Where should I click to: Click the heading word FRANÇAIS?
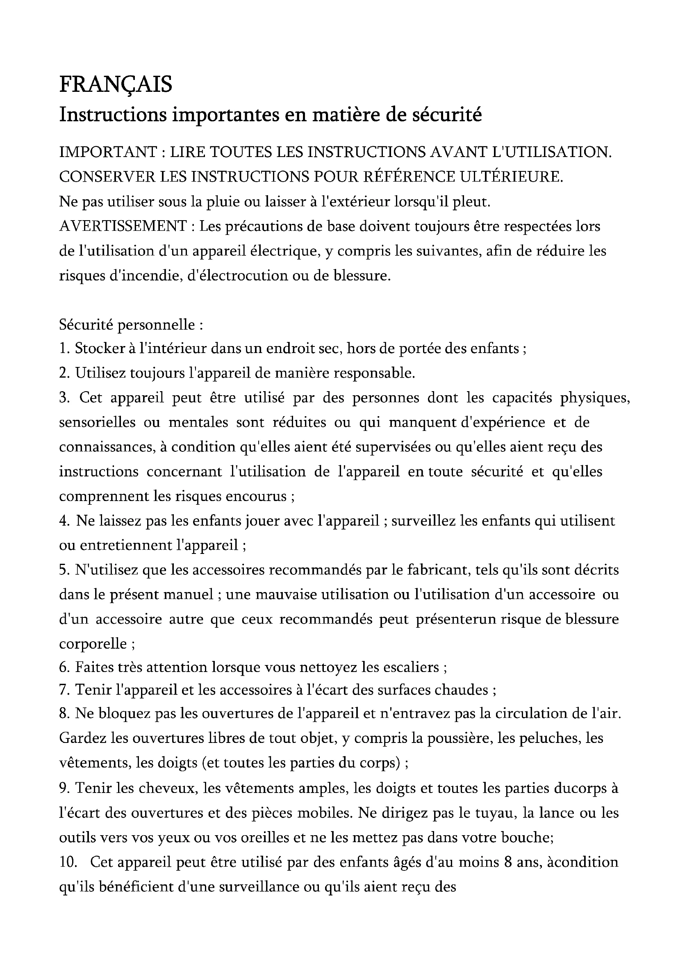tap(116, 85)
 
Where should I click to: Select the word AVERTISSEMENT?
tap(123, 226)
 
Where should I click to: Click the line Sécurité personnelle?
tap(131, 325)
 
